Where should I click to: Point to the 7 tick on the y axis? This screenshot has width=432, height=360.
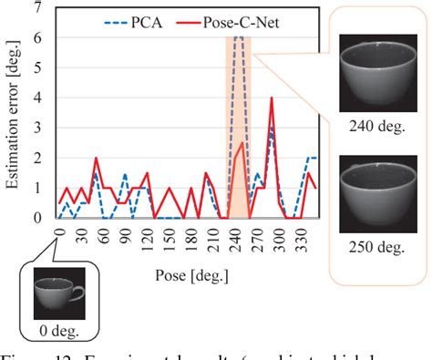click(36, 8)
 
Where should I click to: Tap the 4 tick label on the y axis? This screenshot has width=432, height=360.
click(36, 98)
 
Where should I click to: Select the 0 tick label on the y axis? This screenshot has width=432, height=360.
click(36, 218)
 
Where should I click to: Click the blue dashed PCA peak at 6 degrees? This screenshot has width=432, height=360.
click(238, 38)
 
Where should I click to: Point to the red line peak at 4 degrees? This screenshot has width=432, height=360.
click(272, 98)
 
